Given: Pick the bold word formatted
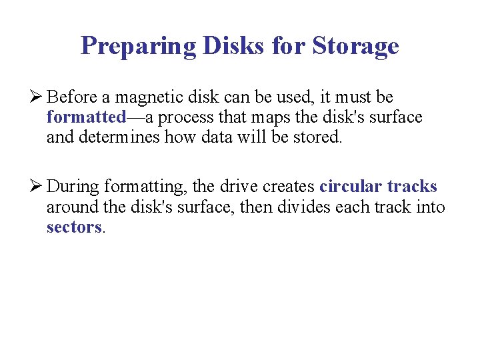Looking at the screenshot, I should [x=86, y=118].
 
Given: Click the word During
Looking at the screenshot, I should [x=73, y=187].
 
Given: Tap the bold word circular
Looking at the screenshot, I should [x=351, y=187].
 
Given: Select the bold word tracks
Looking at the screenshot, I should [x=412, y=187].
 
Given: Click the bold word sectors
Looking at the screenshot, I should [x=73, y=227].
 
